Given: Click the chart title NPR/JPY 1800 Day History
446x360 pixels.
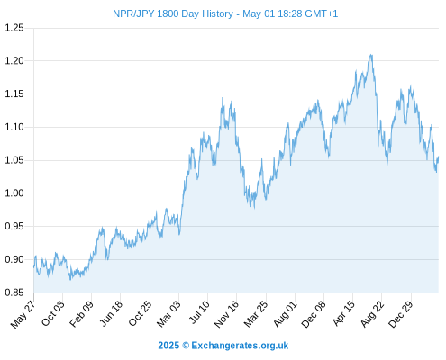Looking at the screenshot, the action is tap(173, 13).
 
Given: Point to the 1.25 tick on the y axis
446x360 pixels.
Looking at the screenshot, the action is tap(14, 28).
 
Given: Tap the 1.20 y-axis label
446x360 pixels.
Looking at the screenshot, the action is tap(14, 61).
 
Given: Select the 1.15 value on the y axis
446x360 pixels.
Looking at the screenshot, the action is tap(14, 94).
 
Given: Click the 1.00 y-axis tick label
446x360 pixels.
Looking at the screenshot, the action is tap(14, 193).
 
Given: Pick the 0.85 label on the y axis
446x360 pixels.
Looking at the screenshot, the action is tap(14, 292).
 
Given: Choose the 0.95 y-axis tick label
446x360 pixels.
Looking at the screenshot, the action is tap(14, 226).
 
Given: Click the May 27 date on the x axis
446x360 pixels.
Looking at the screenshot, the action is tap(23, 314).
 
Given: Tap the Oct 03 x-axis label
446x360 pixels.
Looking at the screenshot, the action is tap(53, 313).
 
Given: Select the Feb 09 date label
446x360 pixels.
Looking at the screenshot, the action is tap(82, 314).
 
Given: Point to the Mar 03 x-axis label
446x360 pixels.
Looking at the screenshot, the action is tap(169, 314).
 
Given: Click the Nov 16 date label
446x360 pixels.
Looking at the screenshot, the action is tap(226, 314).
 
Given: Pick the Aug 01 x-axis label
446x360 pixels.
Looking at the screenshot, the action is tap(286, 314).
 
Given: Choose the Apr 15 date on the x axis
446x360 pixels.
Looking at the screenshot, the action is tap(343, 313).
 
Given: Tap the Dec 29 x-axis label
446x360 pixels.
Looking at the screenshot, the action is tap(401, 314).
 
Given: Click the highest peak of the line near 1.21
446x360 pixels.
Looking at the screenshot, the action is tap(371, 55).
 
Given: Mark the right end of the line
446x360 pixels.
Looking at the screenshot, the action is tap(438, 157).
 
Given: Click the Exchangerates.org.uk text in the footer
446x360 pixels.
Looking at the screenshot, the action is tap(240, 346).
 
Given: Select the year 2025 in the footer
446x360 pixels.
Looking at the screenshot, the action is tap(168, 346).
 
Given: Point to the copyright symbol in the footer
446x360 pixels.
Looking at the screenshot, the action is tap(186, 346).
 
